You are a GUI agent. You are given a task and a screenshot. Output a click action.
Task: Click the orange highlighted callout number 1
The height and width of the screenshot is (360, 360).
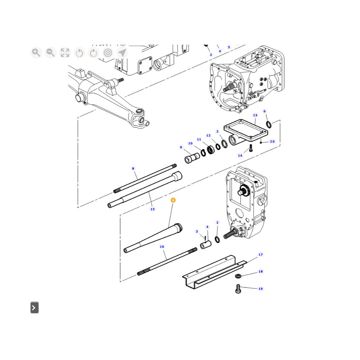pyautogui.click(x=173, y=200)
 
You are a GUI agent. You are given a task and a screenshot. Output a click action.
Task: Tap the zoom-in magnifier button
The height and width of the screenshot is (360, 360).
pyautogui.click(x=36, y=53)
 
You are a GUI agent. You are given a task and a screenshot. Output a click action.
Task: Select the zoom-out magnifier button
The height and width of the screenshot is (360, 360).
pyautogui.click(x=50, y=53)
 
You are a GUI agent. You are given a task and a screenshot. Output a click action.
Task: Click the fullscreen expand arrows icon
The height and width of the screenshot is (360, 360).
pyautogui.click(x=65, y=53)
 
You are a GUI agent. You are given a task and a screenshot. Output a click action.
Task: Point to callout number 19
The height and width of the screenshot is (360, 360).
pyautogui.click(x=260, y=289)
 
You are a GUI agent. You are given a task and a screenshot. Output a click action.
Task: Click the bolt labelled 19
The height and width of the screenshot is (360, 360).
pyautogui.click(x=238, y=289)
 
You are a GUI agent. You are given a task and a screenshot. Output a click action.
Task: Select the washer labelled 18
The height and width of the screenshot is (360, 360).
pyautogui.click(x=238, y=275)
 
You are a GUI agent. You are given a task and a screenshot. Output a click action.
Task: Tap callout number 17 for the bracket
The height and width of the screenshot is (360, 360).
pyautogui.click(x=260, y=255)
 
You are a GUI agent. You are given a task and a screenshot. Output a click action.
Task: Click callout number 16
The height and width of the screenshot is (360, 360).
pyautogui.click(x=162, y=247)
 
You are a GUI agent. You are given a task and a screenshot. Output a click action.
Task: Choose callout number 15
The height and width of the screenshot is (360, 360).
pyautogui.click(x=152, y=209)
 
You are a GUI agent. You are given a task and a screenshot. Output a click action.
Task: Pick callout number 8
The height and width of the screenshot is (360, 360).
pyautogui.click(x=133, y=168)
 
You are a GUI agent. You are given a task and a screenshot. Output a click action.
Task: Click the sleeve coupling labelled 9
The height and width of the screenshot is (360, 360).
pyautogui.click(x=192, y=158)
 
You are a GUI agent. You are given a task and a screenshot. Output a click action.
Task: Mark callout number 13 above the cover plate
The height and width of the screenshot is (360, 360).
pyautogui.click(x=255, y=115)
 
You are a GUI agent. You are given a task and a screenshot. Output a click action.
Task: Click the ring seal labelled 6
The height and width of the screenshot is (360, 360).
pyautogui.click(x=269, y=125)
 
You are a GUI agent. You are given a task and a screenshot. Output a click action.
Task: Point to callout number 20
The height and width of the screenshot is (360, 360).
pyautogui.click(x=272, y=141)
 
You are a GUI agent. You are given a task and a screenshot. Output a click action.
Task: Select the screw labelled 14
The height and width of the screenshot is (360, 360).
pyautogui.click(x=251, y=148)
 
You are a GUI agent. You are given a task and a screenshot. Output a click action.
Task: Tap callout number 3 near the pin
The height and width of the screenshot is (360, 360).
pyautogui.click(x=197, y=231)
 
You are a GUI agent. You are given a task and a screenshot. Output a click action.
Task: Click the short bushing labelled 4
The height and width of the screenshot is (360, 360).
pyautogui.click(x=206, y=245)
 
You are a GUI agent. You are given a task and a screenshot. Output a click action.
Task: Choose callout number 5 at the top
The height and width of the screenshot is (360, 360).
pyautogui.click(x=229, y=47)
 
